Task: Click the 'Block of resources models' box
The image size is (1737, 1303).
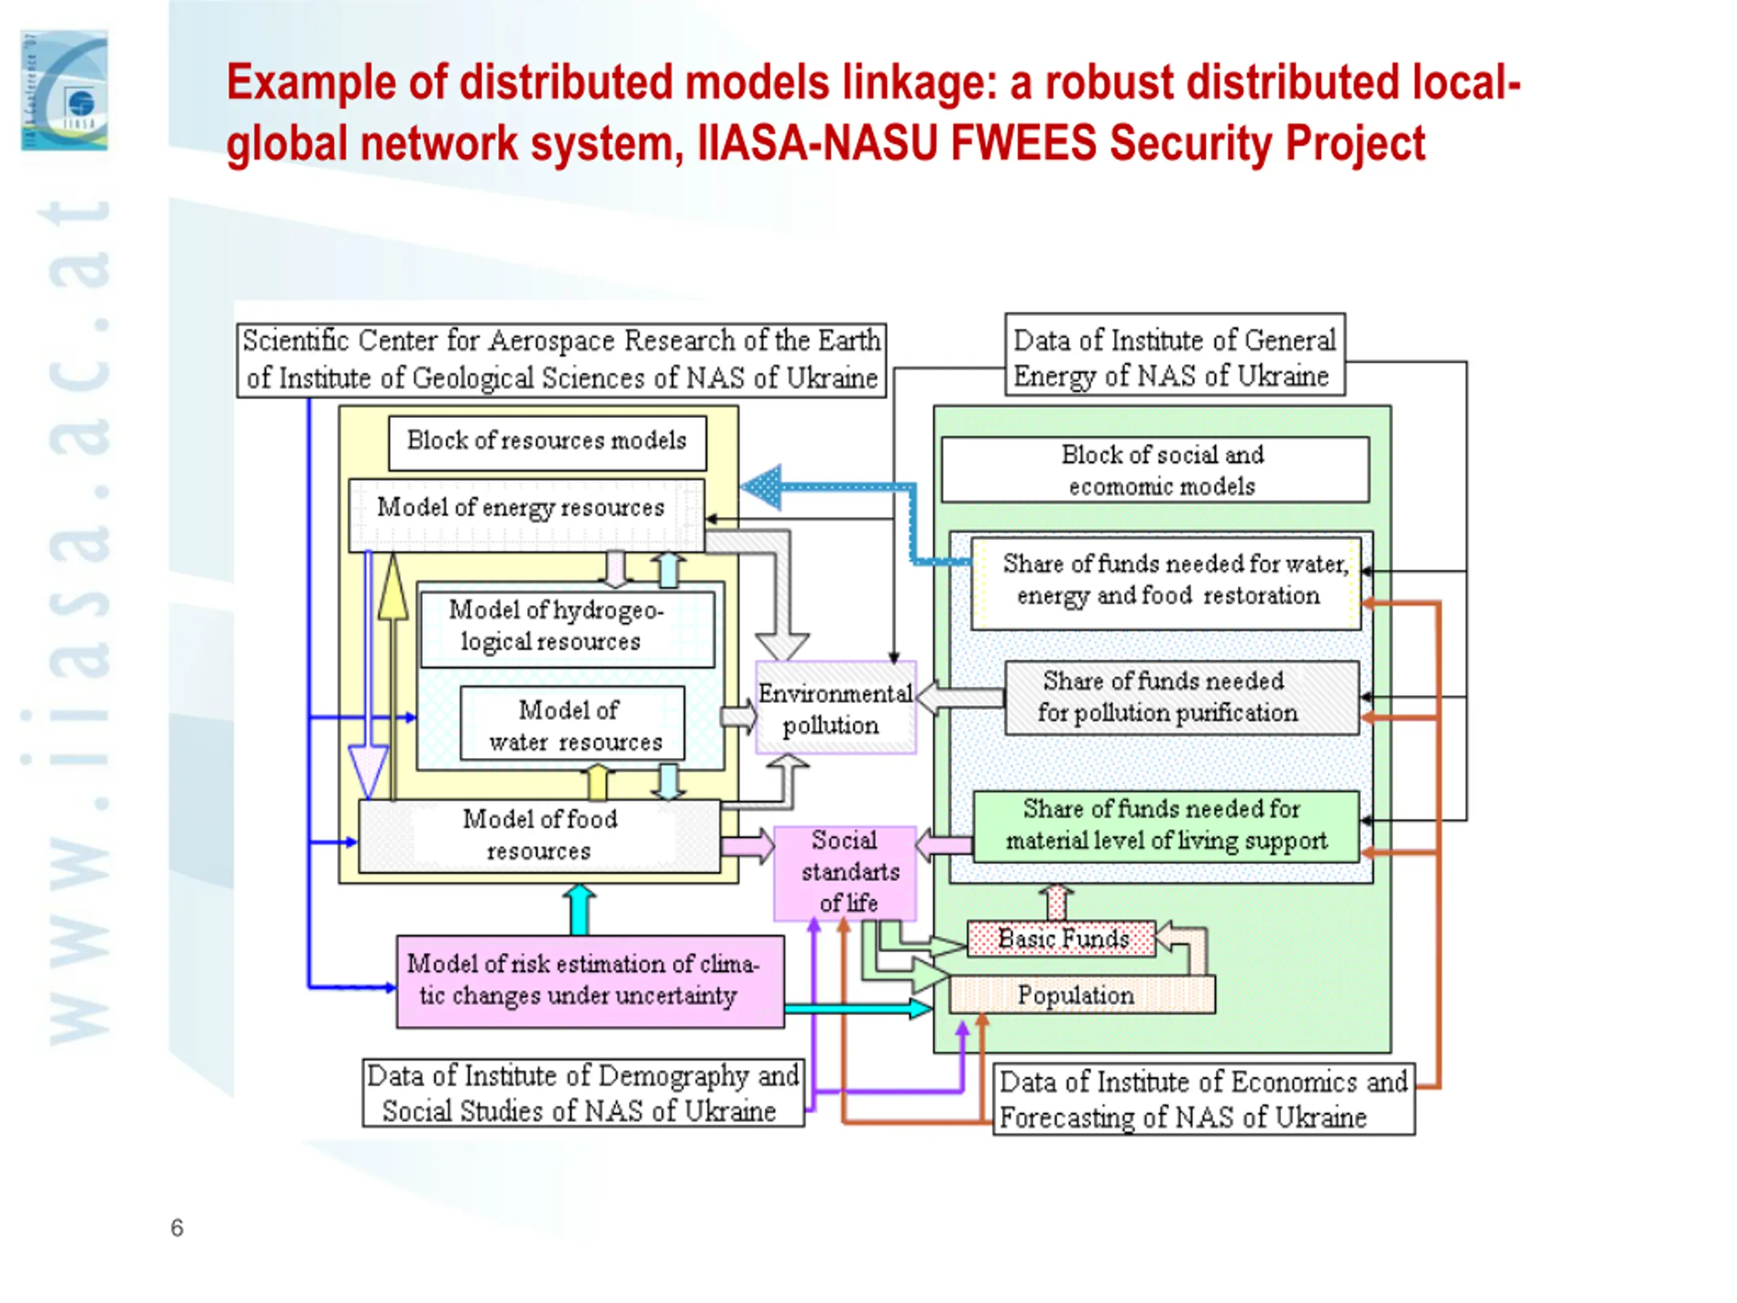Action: (548, 443)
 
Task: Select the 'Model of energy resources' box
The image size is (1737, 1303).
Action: (526, 514)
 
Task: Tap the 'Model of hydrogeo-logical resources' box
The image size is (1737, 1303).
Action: (568, 629)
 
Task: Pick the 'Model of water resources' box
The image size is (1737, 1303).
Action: (573, 723)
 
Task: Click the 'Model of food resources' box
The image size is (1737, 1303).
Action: (539, 835)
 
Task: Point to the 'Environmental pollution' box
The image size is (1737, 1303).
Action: (835, 708)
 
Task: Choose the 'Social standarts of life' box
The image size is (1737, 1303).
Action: (845, 873)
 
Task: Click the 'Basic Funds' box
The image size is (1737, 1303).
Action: (1062, 939)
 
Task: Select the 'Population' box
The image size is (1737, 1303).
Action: (1082, 994)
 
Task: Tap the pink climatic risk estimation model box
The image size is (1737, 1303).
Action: (590, 981)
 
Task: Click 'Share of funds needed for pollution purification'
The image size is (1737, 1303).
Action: (1182, 698)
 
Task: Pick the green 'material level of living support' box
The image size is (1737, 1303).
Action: (1166, 827)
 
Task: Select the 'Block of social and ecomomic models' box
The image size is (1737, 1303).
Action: (1155, 470)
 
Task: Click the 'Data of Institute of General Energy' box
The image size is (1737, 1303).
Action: (1175, 354)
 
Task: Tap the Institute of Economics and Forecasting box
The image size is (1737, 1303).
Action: (1204, 1099)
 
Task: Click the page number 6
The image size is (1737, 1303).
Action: (178, 1228)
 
